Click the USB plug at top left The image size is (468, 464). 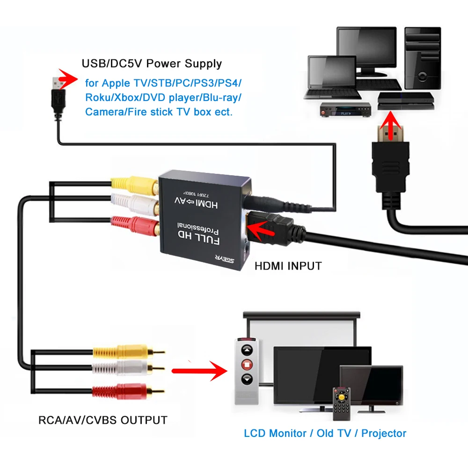tap(56, 96)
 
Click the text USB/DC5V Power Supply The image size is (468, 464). tap(152, 63)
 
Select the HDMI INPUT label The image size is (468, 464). tap(288, 266)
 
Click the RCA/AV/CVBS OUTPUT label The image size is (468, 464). tap(102, 420)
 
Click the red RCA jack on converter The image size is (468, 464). tap(136, 224)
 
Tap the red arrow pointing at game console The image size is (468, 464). tap(391, 126)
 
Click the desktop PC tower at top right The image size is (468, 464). tap(422, 58)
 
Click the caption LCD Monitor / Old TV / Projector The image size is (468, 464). tap(325, 433)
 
